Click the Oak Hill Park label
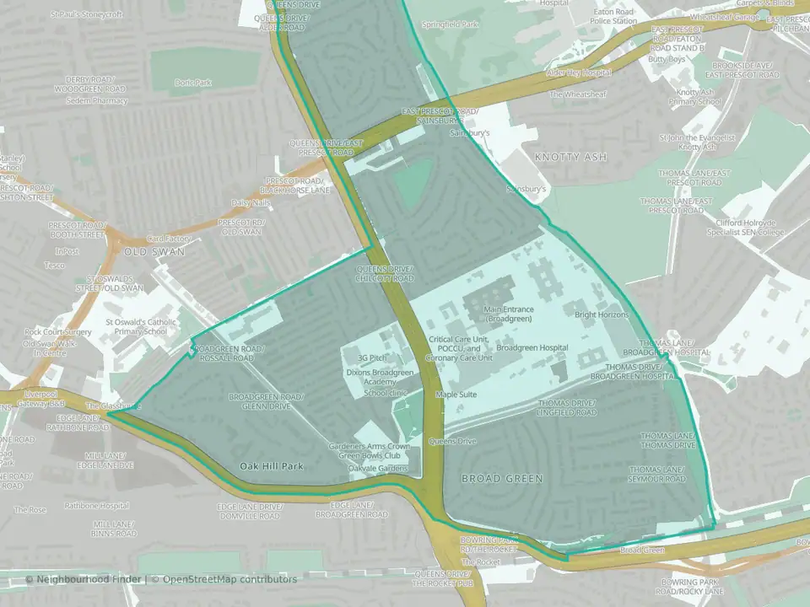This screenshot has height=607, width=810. point(271,465)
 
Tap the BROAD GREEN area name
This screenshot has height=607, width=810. point(501,478)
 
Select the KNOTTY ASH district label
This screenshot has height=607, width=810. point(571,157)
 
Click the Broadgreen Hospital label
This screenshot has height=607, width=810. point(532,347)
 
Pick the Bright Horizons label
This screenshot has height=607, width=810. point(602,314)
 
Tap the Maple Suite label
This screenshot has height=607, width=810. point(456,394)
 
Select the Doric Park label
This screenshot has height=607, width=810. point(193,83)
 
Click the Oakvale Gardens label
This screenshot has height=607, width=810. point(381,469)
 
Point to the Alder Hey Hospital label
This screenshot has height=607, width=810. point(579,73)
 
